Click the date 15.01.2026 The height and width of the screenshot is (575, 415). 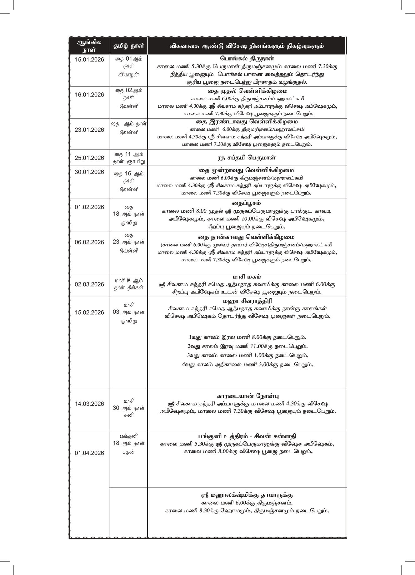pos(89,60)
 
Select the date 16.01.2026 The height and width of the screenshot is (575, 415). pos(89,95)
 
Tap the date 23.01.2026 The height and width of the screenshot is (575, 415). pos(89,130)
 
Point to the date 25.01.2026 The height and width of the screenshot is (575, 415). pos(89,158)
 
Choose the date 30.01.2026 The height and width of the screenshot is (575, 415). pos(89,172)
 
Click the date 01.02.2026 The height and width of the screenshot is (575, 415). pos(89,207)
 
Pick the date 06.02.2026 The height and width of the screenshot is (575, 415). pos(89,242)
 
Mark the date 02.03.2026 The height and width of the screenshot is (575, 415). pos(89,284)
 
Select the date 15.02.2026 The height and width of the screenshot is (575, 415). pos(89,312)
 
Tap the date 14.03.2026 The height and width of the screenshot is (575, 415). pos(89,404)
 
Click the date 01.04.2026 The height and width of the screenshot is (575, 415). pos(89,453)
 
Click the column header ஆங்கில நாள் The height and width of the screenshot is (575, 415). pos(89,46)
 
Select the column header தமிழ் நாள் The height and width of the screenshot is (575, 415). pos(128,46)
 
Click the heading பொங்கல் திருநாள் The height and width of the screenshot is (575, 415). pos(247,58)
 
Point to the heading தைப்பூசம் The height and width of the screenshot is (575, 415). pos(247,203)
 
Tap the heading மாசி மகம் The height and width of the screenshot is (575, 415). pos(247,277)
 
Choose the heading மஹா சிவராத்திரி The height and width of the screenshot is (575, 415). pos(247,301)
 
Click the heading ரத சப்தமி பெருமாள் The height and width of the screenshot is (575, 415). pos(247,158)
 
